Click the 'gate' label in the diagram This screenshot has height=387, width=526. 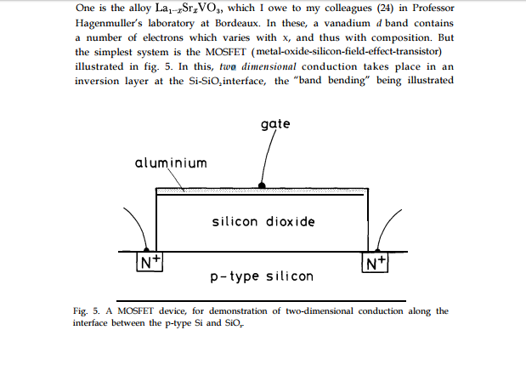(x=276, y=124)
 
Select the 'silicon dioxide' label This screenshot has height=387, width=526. (x=263, y=222)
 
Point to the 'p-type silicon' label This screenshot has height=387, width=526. (x=262, y=276)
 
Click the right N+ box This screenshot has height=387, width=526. (x=376, y=263)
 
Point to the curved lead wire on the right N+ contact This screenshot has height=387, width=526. (x=387, y=228)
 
